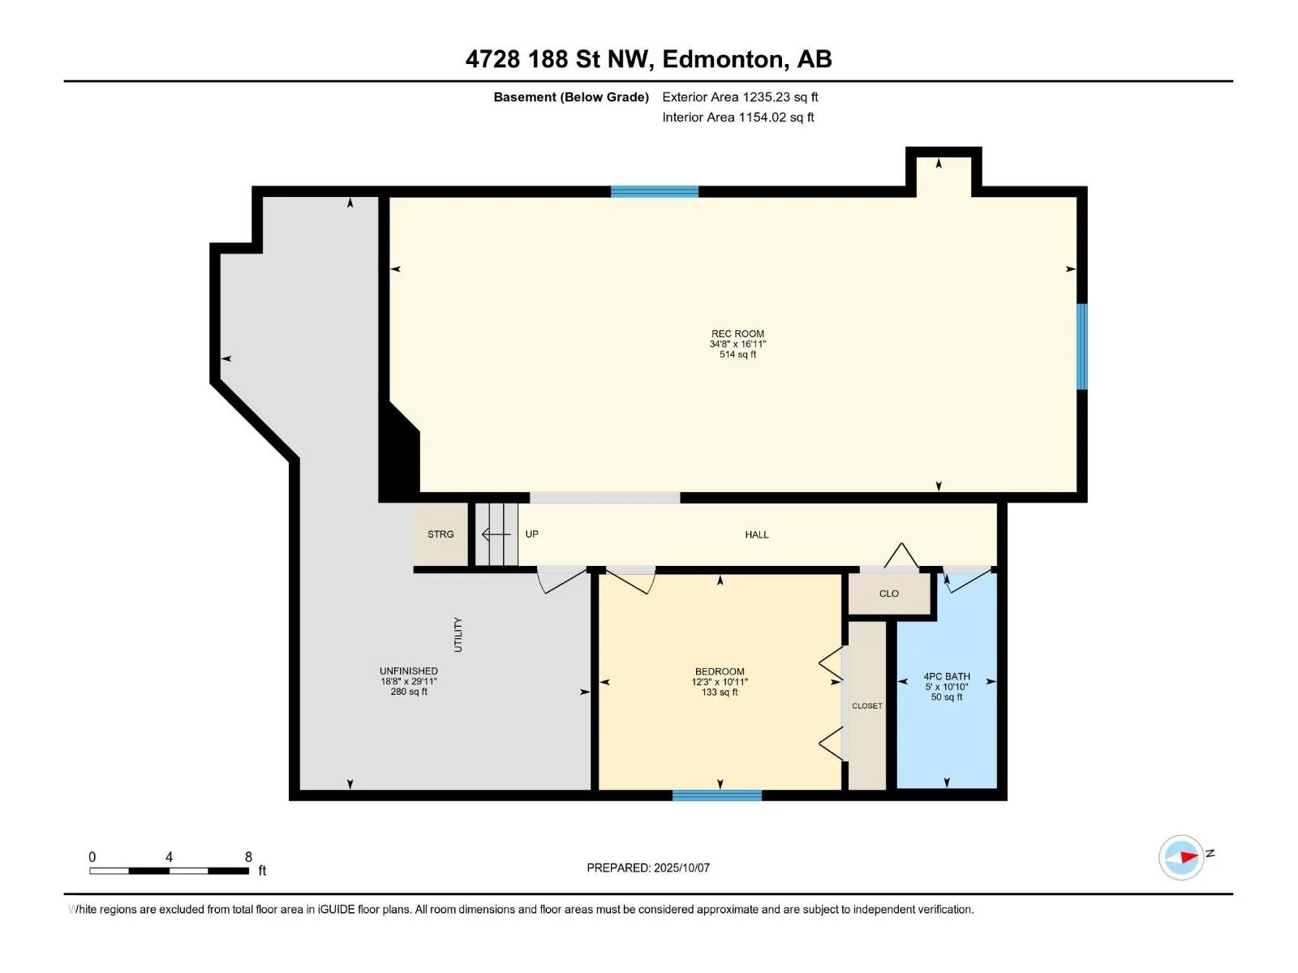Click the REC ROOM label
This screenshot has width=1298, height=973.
737,334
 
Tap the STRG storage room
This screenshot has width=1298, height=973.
441,534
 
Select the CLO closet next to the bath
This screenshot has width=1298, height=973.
889,594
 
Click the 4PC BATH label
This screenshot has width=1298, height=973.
947,676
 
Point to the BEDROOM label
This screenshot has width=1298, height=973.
720,671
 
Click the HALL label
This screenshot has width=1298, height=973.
757,534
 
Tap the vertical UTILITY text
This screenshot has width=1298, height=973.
458,635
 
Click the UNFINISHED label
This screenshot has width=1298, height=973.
409,671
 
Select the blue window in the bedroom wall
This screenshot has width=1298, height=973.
717,795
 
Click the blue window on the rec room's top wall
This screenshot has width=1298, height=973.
655,191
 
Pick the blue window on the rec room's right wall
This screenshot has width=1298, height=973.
1081,347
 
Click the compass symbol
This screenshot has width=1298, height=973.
1181,857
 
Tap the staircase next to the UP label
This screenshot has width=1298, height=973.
496,534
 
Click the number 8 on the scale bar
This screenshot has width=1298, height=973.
248,856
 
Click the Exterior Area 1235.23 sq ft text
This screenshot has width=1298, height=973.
740,96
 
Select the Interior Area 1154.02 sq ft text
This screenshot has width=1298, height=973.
738,117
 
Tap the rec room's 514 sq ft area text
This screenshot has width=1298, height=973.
737,354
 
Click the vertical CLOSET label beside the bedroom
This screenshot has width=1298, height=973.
867,706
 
